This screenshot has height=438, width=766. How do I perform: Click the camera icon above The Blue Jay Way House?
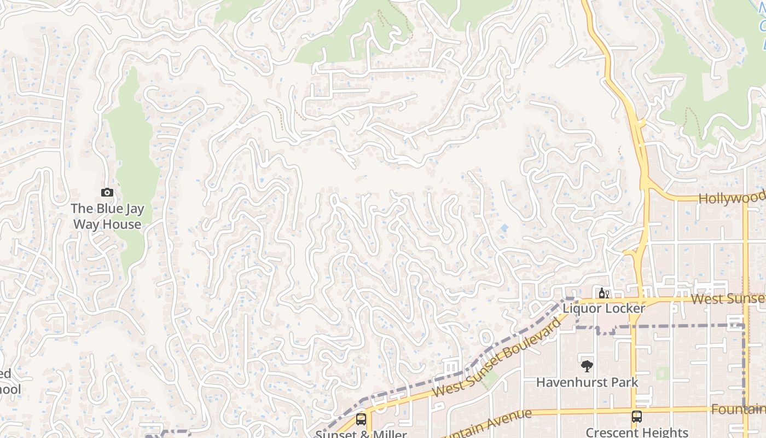(107, 192)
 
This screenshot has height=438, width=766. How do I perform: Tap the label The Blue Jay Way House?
(107, 216)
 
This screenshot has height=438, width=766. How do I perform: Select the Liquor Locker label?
(604, 308)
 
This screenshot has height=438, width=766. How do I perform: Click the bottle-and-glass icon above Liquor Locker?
(604, 293)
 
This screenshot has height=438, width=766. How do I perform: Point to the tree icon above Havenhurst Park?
(587, 366)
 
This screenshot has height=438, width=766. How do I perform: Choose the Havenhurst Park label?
(587, 382)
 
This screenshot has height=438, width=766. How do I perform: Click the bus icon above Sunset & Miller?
(361, 419)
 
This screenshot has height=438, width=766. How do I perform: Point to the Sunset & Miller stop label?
(361, 434)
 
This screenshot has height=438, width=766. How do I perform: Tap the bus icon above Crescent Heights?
(636, 417)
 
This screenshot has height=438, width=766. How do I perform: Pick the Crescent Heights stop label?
(636, 432)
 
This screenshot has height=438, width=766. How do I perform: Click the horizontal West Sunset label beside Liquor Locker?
(728, 299)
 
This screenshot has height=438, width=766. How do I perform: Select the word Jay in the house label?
(118, 209)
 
